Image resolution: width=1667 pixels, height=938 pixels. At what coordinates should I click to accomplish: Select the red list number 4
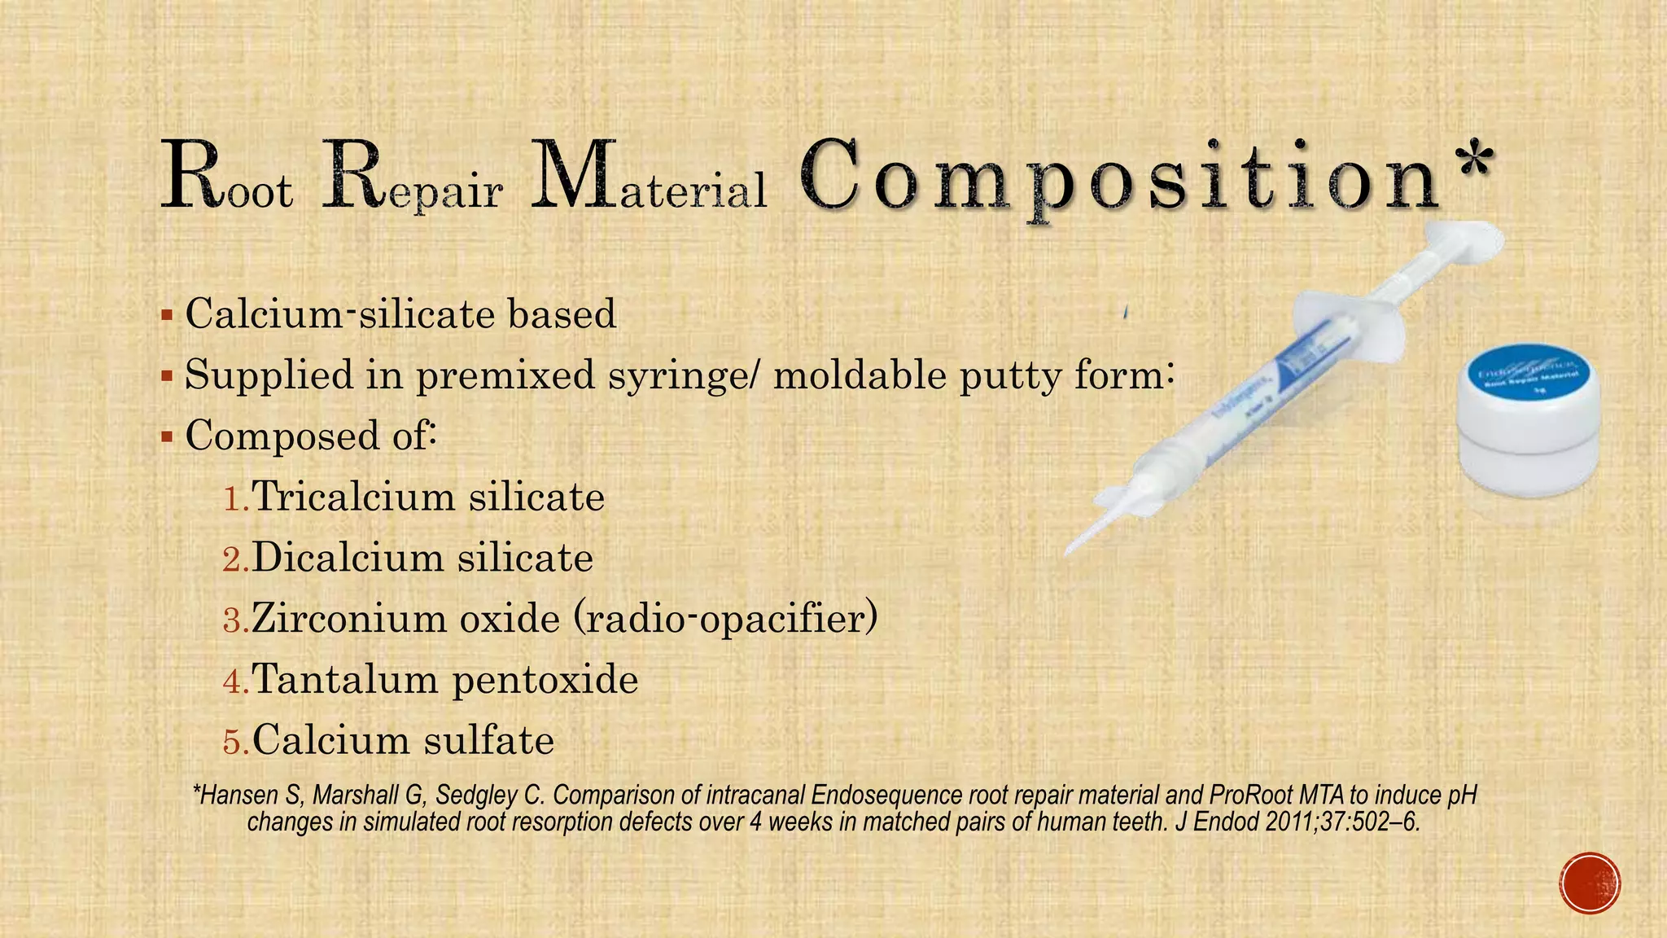pos(234,682)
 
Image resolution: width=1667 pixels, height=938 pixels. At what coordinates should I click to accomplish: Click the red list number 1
pos(234,498)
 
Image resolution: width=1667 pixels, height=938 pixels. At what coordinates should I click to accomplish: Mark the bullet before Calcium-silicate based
pos(167,315)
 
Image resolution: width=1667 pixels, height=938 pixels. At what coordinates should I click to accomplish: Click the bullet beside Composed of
pos(167,437)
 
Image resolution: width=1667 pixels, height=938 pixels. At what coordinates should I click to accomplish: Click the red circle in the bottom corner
pos(1590,883)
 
